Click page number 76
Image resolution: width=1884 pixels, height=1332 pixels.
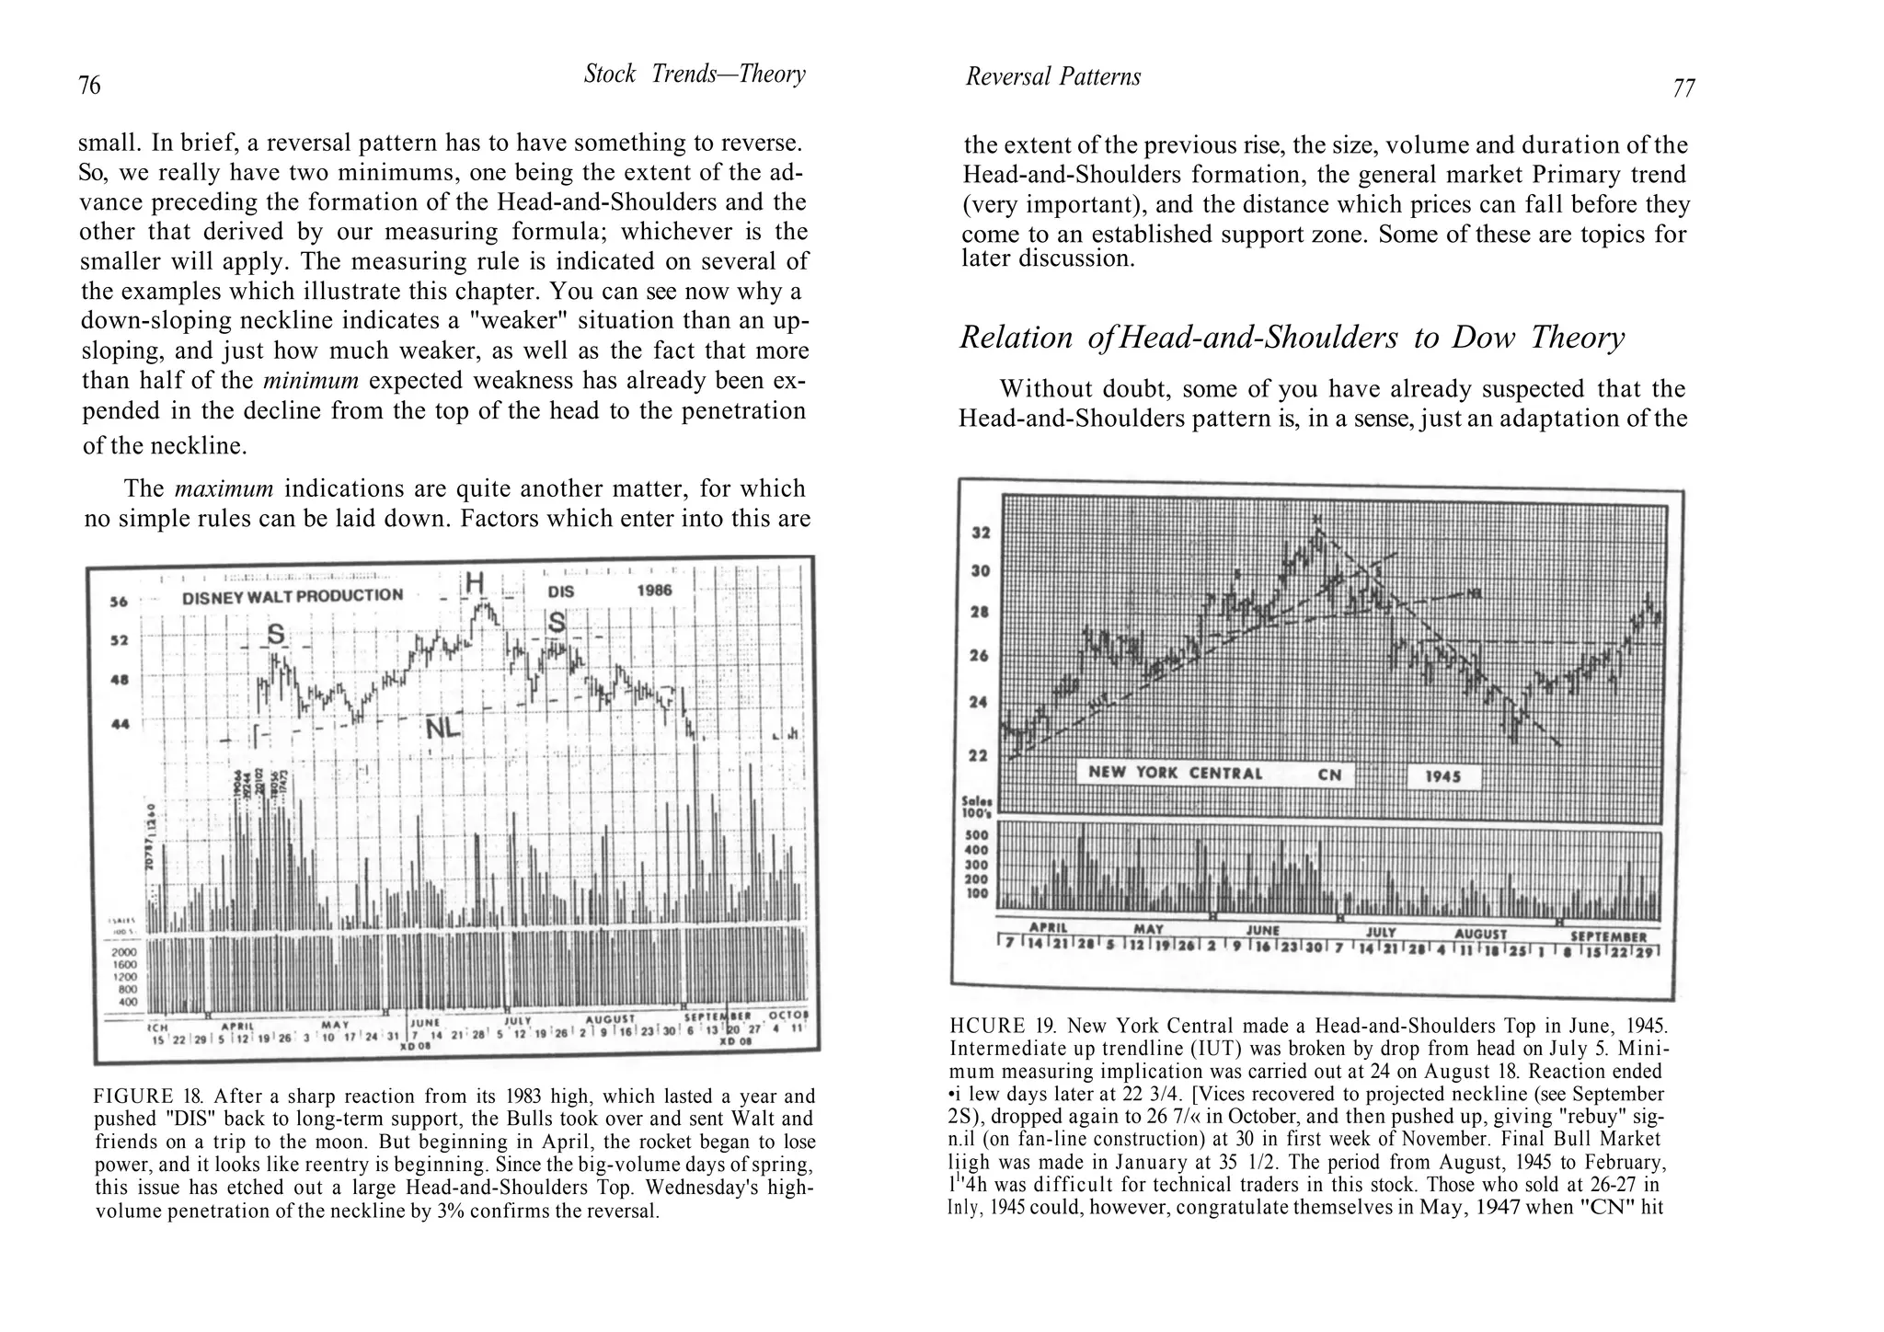click(x=89, y=86)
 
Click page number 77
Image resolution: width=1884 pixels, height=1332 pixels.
click(x=1683, y=89)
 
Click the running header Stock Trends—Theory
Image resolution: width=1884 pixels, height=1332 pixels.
click(x=695, y=75)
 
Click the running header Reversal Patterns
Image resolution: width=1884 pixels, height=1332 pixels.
click(x=1052, y=77)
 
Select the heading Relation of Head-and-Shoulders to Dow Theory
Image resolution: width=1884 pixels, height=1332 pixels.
click(x=1292, y=338)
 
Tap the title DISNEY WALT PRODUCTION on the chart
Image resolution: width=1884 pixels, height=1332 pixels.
click(x=293, y=595)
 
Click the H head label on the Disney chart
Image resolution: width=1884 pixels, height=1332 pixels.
click(x=474, y=582)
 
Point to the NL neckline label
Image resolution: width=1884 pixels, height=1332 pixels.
click(x=442, y=729)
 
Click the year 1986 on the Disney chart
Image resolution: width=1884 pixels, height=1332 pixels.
click(x=654, y=591)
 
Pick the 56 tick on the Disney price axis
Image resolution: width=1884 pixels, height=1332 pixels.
click(x=119, y=603)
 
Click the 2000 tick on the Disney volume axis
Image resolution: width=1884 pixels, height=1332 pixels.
click(x=123, y=952)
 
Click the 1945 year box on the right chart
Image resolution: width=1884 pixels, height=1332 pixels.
click(x=1443, y=776)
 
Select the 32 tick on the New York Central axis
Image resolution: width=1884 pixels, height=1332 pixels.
click(x=981, y=534)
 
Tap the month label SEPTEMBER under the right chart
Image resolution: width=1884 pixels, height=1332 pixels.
click(x=1608, y=936)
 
